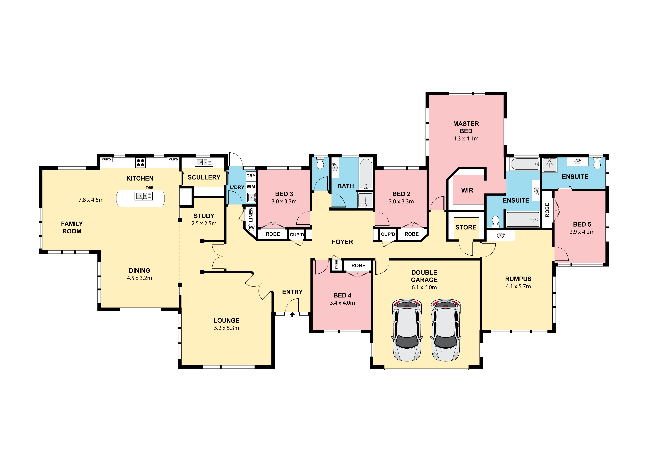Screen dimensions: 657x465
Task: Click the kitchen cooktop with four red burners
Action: pos(141,163)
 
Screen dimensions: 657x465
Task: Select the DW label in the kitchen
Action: pos(149,188)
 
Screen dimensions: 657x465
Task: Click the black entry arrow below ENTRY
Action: pos(292,315)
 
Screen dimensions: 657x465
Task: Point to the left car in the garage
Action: pos(407,330)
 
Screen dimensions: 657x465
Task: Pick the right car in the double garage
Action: pos(446,330)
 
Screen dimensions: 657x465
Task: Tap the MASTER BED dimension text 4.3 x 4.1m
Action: pos(466,139)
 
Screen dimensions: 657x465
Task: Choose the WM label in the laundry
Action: pos(251,187)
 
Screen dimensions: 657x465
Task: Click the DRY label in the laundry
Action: pos(251,176)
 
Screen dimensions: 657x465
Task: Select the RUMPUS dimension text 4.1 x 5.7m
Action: pos(518,286)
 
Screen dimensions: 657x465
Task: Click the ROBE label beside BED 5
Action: pos(547,210)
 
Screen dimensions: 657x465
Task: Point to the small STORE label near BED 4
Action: pos(337,265)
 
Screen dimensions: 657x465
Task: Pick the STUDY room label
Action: pos(204,216)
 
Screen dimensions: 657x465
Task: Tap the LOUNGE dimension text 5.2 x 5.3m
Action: pos(227,328)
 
